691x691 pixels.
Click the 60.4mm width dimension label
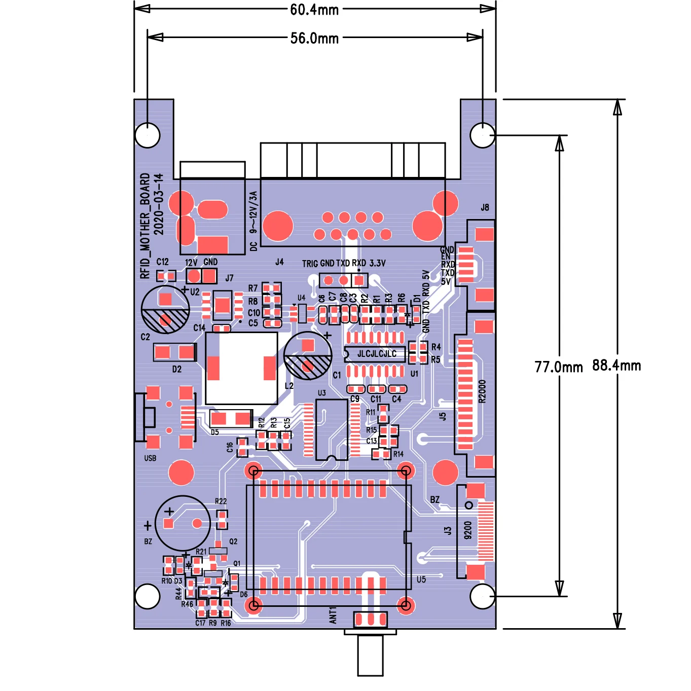[x=314, y=10]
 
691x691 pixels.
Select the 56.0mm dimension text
[x=314, y=38]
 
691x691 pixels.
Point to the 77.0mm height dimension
[x=559, y=367]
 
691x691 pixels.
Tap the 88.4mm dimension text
[x=616, y=366]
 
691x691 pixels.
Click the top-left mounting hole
[x=148, y=135]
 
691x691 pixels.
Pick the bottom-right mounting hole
[x=482, y=596]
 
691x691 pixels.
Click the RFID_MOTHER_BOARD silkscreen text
[x=145, y=226]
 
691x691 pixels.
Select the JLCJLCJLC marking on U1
[x=377, y=354]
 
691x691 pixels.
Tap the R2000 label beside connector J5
[x=482, y=391]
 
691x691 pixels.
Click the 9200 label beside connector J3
[x=468, y=530]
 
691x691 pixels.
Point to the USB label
[x=150, y=458]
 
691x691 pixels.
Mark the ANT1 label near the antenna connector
[x=333, y=615]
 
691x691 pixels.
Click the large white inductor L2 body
[x=241, y=368]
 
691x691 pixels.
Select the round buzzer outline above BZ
[x=183, y=523]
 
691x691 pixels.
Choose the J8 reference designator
[x=485, y=207]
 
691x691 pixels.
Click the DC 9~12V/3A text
[x=253, y=221]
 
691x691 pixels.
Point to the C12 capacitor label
[x=162, y=262]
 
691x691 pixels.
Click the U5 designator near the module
[x=421, y=579]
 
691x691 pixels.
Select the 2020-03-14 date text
[x=159, y=204]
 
